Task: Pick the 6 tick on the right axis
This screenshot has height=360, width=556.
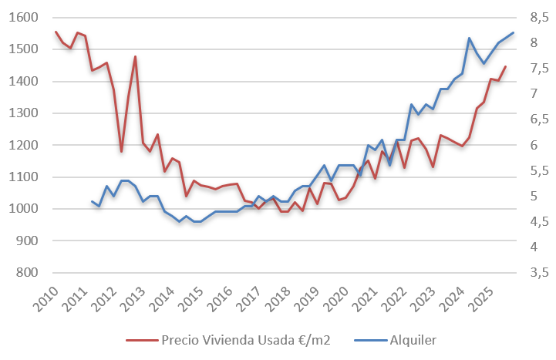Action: (x=533, y=145)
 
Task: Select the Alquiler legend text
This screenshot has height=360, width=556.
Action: (x=414, y=339)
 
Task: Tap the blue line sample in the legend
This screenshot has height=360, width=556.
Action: (x=369, y=339)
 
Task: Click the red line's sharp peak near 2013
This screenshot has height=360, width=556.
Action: (x=135, y=56)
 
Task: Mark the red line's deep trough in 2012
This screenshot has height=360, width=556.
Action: (x=121, y=151)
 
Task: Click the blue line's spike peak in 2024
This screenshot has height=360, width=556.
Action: (x=469, y=38)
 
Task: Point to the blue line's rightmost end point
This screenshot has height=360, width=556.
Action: (x=513, y=32)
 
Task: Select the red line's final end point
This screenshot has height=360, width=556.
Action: (x=505, y=66)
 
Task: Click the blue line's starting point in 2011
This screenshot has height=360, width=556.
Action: (x=92, y=201)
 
